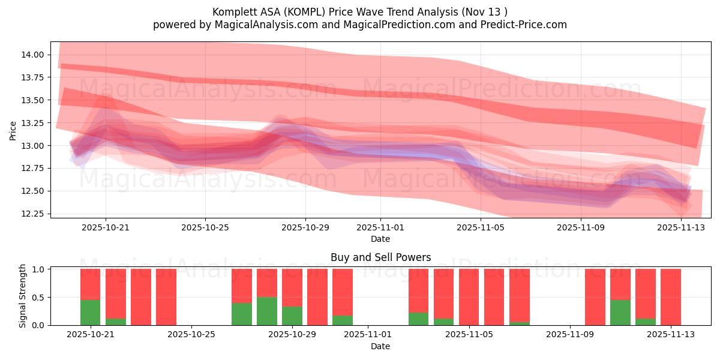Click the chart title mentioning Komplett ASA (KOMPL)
coord(359,11)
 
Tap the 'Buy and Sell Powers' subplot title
coord(380,257)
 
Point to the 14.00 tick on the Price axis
coord(31,55)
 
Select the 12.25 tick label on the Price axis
coord(31,214)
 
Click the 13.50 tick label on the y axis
coord(31,100)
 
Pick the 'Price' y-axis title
coord(13,130)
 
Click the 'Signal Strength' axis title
coord(22,296)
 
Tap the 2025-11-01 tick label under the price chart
coord(380,227)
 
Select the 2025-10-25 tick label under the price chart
coord(205,227)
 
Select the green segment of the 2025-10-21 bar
coord(90,313)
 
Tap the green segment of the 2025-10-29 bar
coord(292,316)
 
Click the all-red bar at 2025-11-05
coord(469,297)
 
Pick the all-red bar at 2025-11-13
coord(671,297)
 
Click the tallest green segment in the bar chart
coord(267,311)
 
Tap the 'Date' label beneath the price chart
coord(380,239)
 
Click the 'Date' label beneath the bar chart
coord(380,346)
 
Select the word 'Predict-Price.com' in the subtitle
coord(526,25)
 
